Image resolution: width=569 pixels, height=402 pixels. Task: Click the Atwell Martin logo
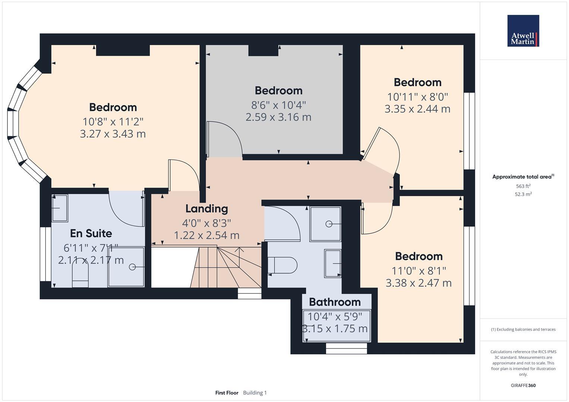pos(523,31)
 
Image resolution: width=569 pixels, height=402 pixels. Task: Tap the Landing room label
pos(206,209)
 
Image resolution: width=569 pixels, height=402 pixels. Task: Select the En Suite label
pos(91,233)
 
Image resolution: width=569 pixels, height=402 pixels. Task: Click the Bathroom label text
pos(335,302)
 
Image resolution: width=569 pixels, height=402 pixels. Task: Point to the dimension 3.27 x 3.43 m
pos(113,134)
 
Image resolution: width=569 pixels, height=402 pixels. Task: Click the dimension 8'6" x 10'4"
pos(278,105)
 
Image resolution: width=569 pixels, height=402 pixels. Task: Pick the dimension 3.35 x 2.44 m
pos(417,109)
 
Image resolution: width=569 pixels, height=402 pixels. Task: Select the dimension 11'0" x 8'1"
pos(418,271)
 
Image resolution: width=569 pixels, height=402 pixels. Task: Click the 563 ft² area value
pos(523,186)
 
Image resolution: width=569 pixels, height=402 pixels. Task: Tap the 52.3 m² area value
pos(523,194)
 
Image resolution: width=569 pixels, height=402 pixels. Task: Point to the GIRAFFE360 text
pos(523,385)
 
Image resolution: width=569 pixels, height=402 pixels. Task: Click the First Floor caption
pos(227,393)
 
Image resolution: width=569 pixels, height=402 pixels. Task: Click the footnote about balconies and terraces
pos(523,329)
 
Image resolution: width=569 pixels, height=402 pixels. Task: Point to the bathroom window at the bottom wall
pos(346,348)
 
